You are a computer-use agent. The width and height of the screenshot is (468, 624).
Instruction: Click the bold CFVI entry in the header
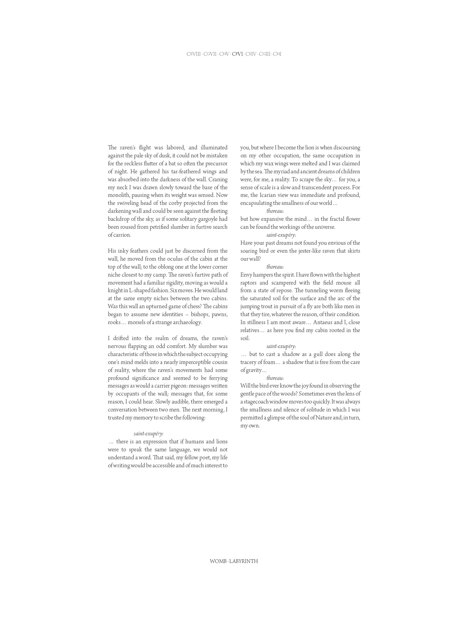pos(237,54)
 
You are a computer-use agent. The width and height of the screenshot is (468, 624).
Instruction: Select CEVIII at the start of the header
pos(193,54)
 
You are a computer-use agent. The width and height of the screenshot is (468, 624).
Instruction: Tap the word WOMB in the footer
pos(218,562)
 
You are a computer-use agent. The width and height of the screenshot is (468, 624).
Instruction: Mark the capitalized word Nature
pos(324,418)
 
